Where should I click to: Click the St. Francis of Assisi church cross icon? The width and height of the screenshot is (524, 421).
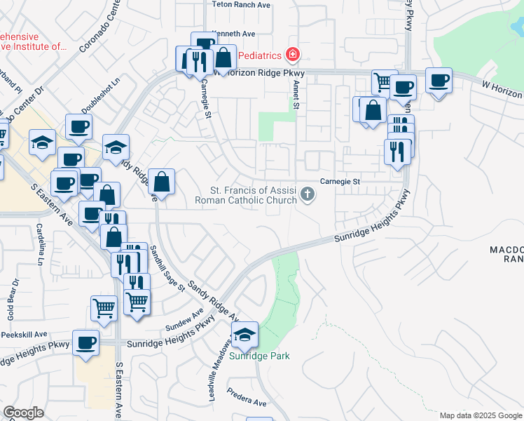pyautogui.click(x=307, y=194)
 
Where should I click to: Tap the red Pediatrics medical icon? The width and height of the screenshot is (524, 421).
pyautogui.click(x=292, y=55)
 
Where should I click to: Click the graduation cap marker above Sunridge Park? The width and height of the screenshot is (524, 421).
pyautogui.click(x=244, y=334)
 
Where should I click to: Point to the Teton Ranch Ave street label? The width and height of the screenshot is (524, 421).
pyautogui.click(x=241, y=4)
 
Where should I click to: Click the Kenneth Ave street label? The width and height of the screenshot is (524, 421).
pyautogui.click(x=234, y=33)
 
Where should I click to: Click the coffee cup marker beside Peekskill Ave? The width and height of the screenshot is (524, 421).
pyautogui.click(x=86, y=342)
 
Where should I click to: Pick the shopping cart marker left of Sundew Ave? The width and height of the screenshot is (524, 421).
pyautogui.click(x=104, y=307)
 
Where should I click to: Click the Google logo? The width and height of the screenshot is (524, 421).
pyautogui.click(x=23, y=413)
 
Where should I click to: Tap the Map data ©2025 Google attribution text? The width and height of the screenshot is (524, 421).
pyautogui.click(x=480, y=415)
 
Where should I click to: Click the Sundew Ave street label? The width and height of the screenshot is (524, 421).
pyautogui.click(x=185, y=319)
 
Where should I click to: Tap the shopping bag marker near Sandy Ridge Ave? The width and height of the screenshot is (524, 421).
pyautogui.click(x=162, y=182)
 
